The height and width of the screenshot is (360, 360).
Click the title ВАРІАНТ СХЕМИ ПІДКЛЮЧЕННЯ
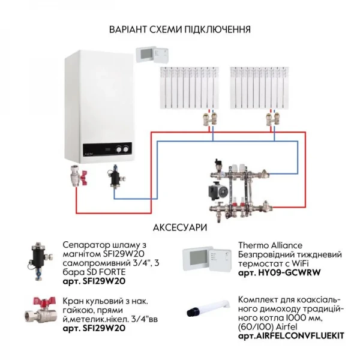[180, 29]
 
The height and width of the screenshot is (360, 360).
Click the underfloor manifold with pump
[234, 187]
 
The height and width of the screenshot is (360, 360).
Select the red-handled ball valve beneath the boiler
[77, 177]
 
